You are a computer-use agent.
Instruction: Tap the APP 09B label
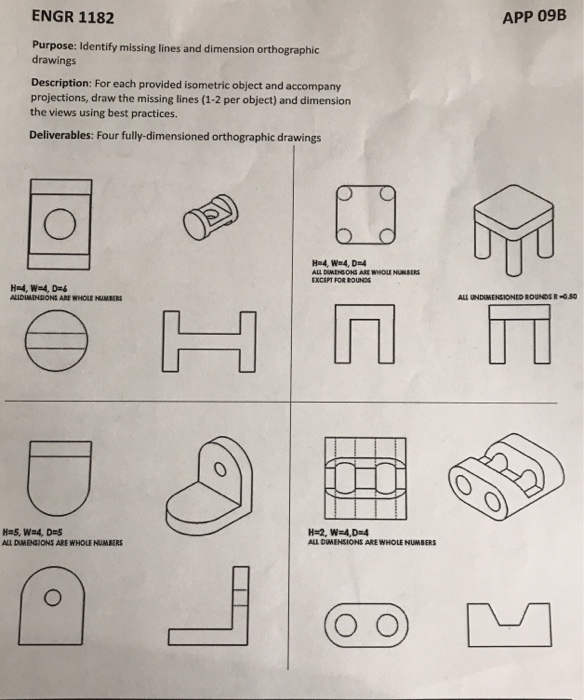click(x=525, y=18)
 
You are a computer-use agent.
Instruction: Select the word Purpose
click(x=55, y=46)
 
